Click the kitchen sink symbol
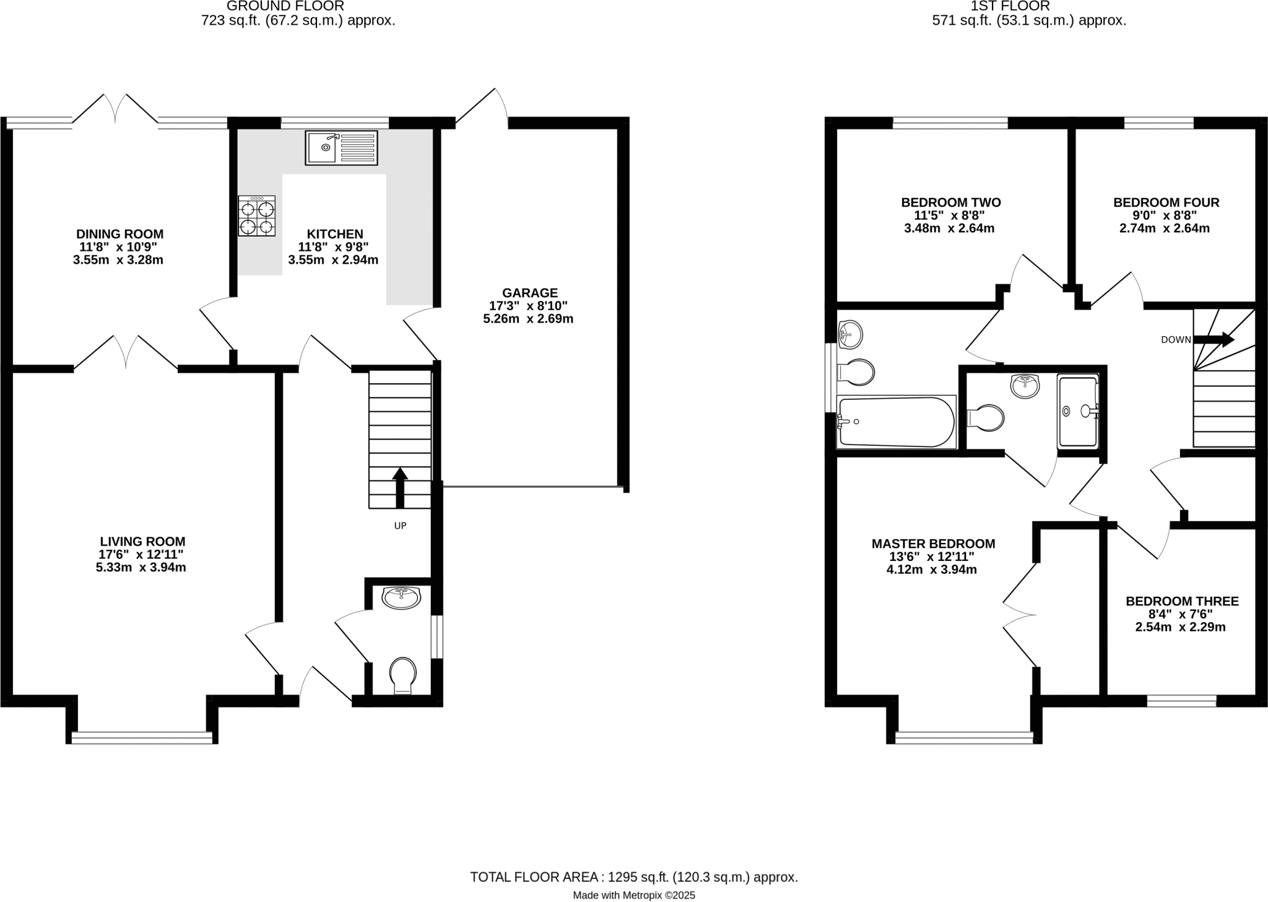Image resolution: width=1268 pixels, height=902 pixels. point(341,147)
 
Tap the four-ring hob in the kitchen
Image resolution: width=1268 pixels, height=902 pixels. point(256,215)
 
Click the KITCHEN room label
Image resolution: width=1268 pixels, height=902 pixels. point(335,234)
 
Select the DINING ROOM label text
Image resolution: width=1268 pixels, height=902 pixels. point(119,234)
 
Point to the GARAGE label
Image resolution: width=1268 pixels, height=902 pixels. point(529,293)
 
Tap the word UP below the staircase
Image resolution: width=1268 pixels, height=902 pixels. point(400,526)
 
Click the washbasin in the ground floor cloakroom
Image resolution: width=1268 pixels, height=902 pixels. point(401,597)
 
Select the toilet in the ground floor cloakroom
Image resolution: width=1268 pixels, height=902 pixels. point(402,675)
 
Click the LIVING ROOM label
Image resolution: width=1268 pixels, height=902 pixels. point(142,542)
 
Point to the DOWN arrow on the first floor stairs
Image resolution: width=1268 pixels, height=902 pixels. point(1213,339)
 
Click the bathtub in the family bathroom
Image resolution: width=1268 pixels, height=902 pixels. point(895,422)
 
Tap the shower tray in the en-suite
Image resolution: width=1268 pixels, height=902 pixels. point(1078,410)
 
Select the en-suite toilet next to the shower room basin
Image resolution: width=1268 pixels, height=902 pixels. point(985,417)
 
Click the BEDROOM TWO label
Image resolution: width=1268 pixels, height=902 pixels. point(950,202)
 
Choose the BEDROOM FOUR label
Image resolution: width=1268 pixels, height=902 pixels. point(1166,202)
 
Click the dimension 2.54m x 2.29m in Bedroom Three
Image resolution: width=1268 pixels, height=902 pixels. point(1180,627)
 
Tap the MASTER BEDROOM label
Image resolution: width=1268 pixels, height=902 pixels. point(933,544)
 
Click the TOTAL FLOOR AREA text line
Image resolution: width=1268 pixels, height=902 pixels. point(633,877)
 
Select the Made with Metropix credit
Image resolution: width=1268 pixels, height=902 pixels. point(633,895)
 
